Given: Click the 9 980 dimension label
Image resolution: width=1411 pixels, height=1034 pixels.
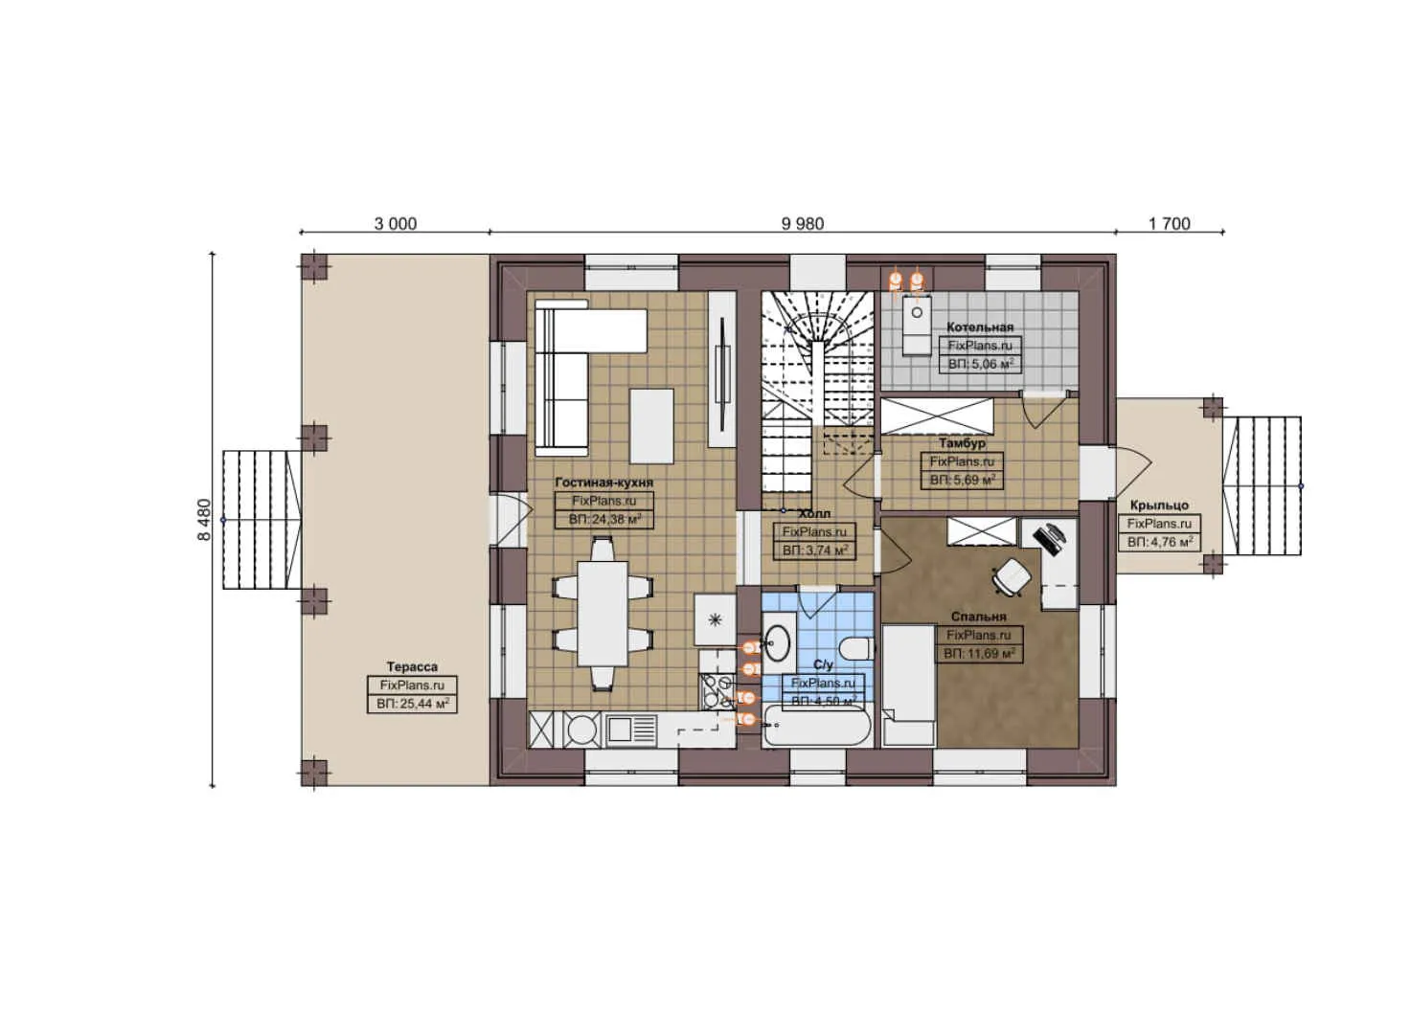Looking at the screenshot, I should [802, 224].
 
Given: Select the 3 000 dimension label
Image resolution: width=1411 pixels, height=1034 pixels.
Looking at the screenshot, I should [395, 224].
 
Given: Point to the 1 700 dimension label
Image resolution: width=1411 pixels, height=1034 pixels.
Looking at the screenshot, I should [1169, 224].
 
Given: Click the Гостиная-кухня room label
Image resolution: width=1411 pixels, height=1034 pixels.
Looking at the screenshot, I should [603, 483].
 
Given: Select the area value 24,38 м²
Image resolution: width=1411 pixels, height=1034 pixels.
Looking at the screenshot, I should [603, 520].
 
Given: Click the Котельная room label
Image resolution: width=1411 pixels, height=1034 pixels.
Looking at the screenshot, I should [979, 327].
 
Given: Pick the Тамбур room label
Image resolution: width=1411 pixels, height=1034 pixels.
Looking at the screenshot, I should [962, 443].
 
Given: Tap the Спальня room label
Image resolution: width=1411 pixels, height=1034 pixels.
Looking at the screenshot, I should [978, 618].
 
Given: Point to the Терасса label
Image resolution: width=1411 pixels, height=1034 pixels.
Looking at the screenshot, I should [412, 666].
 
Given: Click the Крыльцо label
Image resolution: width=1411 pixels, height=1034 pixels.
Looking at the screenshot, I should [1159, 506].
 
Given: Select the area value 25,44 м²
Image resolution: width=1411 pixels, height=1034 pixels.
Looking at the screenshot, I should [412, 704].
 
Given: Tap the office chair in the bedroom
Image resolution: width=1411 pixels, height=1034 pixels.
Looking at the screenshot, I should [1012, 576].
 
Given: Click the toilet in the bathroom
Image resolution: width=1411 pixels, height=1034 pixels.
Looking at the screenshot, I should [857, 648].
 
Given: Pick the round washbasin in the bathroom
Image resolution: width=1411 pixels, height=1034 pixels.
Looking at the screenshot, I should [778, 642].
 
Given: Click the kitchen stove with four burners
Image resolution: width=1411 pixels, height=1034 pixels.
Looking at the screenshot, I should [714, 691].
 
